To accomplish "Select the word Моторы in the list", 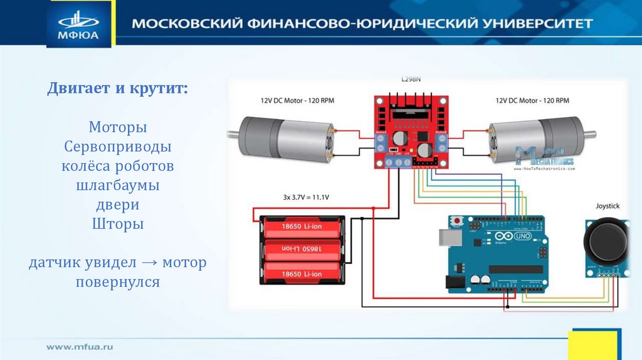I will click(118, 127).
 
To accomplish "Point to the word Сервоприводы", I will click(118, 147).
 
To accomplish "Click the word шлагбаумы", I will click(118, 186).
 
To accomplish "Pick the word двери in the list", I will click(118, 205).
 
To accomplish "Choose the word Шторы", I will click(118, 224).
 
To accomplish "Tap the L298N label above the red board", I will click(411, 80).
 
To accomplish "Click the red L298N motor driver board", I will click(411, 132).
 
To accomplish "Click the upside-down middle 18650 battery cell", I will click(303, 250).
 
